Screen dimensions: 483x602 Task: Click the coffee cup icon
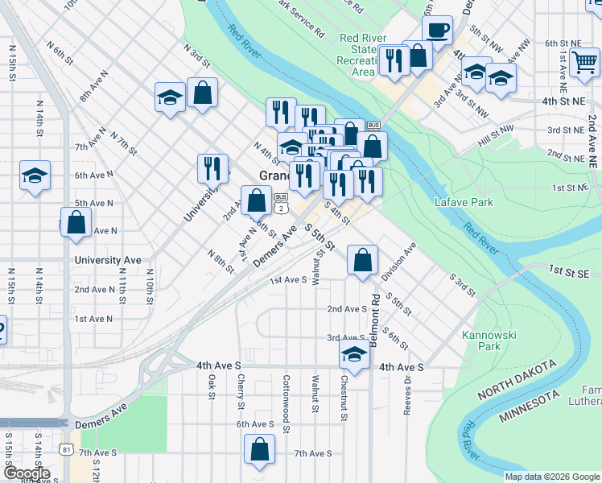[x=437, y=31]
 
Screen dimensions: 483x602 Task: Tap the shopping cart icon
[x=583, y=62]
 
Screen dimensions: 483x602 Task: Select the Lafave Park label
[x=464, y=202]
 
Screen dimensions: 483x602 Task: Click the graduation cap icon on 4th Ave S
[x=353, y=353]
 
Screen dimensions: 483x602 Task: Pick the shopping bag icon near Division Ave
[x=363, y=260]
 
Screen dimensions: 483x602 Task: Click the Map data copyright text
[x=551, y=476]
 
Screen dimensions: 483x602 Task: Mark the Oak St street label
[x=212, y=386]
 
